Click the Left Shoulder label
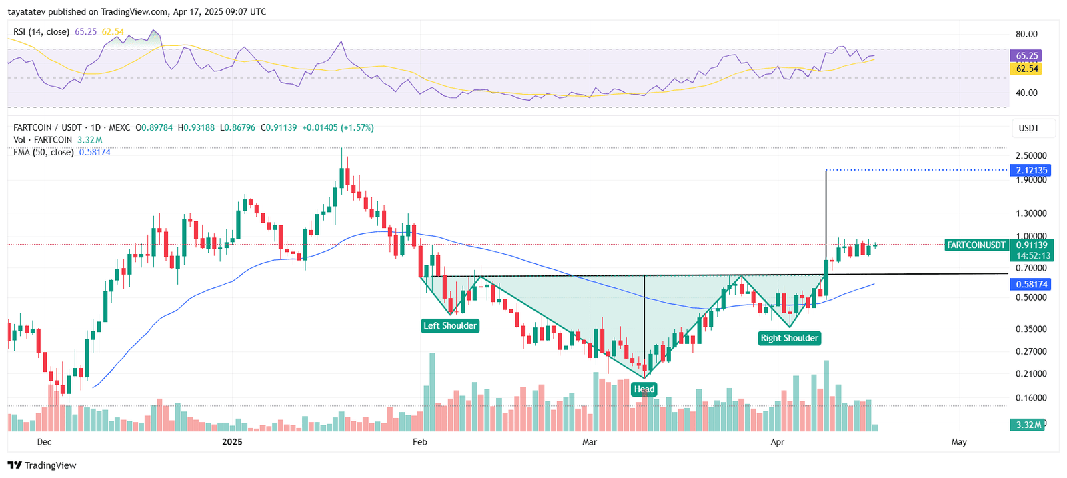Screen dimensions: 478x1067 [x=450, y=325]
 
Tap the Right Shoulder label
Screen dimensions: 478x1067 [x=789, y=338]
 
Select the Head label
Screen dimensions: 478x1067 [x=644, y=389]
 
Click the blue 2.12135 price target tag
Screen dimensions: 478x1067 [x=1032, y=171]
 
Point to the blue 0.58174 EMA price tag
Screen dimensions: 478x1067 [x=1032, y=285]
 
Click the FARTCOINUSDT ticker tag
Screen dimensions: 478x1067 [x=976, y=245]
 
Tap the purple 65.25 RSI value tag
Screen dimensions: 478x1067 [x=1027, y=56]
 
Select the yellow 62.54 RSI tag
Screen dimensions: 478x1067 [x=1027, y=69]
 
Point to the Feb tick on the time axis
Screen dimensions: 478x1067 [x=419, y=442]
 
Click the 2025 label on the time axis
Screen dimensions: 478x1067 [x=232, y=442]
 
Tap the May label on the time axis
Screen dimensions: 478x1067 [x=959, y=442]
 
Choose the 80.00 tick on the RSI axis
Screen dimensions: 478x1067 [x=1026, y=34]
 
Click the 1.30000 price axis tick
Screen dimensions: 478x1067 [x=1031, y=213]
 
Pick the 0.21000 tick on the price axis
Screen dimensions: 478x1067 [x=1031, y=374]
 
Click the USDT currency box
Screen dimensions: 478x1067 [x=1029, y=128]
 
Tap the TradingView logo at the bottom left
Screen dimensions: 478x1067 [x=43, y=465]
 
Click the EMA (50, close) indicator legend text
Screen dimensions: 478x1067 [x=43, y=152]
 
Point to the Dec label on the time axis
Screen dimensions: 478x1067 [x=45, y=442]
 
